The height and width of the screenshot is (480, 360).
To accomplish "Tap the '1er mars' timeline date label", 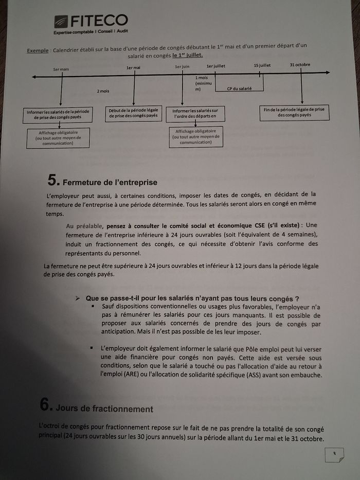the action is click(61, 69).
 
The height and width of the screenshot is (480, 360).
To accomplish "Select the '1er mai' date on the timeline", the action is click(133, 67).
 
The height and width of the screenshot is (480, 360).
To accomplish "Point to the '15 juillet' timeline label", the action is click(262, 65).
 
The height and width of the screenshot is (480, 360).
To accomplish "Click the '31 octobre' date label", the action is click(299, 65).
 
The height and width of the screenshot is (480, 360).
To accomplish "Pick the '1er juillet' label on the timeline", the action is click(216, 66).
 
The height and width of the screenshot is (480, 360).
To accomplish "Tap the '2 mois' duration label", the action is click(103, 91).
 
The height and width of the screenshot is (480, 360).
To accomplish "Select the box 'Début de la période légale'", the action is click(133, 113).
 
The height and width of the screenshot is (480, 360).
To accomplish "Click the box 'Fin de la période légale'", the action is click(294, 112).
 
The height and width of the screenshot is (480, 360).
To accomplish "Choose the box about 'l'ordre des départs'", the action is click(195, 114).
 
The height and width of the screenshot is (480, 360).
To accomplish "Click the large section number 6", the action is click(46, 405).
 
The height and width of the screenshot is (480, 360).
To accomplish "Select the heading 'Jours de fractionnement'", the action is click(104, 408).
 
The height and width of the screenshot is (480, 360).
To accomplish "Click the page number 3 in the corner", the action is click(334, 454).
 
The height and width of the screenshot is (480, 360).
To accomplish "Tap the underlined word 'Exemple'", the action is click(37, 50).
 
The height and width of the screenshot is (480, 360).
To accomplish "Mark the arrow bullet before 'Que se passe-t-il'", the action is click(78, 298).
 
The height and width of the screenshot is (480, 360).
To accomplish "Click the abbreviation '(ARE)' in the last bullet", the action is click(134, 375).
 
